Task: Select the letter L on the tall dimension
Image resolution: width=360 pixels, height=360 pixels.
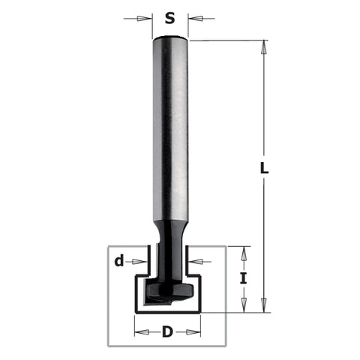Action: point(264,169)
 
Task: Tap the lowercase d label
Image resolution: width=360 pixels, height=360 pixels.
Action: point(119,261)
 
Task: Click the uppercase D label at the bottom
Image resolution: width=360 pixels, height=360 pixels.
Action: point(169,330)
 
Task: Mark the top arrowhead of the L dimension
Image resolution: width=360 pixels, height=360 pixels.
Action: point(264,45)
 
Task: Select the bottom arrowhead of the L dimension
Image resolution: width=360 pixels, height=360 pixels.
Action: point(264,307)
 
